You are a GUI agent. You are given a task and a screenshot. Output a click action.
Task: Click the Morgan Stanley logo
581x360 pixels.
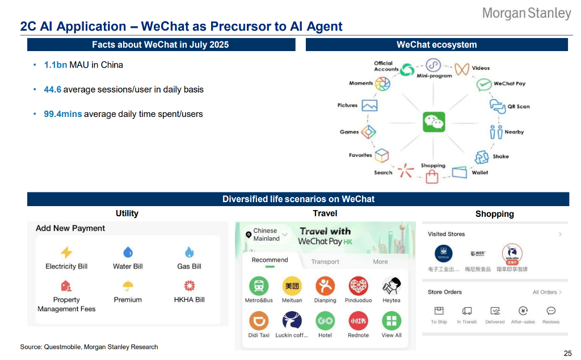tap(526, 13)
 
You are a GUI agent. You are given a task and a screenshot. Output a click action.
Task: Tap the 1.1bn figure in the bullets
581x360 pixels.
tap(56, 65)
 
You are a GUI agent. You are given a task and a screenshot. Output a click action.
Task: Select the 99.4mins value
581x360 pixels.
tap(63, 114)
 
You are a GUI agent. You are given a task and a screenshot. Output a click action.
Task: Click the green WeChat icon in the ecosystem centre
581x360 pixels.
tap(434, 122)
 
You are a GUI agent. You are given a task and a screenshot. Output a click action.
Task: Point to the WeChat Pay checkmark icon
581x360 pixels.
tap(483, 85)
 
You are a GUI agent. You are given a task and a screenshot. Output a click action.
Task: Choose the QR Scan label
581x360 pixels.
tap(518, 106)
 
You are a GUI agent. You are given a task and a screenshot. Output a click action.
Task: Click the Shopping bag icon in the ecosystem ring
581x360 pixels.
tap(432, 177)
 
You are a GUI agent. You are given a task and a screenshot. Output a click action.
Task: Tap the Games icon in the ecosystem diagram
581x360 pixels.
tap(369, 132)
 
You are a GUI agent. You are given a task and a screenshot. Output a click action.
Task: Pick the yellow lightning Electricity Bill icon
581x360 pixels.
tap(66, 252)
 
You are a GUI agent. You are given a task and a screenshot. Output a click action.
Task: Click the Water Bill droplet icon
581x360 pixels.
tap(128, 252)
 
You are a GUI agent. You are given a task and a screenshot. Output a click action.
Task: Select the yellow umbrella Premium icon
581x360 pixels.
tap(128, 286)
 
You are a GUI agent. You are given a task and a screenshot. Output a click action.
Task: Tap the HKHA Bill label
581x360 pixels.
tap(189, 299)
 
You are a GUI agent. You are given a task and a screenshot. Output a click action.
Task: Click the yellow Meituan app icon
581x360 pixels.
tap(292, 286)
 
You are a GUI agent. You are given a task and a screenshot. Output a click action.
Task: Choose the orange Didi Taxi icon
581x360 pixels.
tap(259, 321)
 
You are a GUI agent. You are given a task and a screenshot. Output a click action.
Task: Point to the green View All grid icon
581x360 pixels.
tap(391, 321)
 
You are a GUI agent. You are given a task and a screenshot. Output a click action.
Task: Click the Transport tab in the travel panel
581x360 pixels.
tap(325, 262)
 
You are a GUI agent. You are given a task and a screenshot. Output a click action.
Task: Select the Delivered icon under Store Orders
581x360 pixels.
tap(495, 311)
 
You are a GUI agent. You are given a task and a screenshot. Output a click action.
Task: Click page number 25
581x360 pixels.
tap(567, 353)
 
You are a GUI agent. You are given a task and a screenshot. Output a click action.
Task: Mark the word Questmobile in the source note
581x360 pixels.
tap(62, 346)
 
